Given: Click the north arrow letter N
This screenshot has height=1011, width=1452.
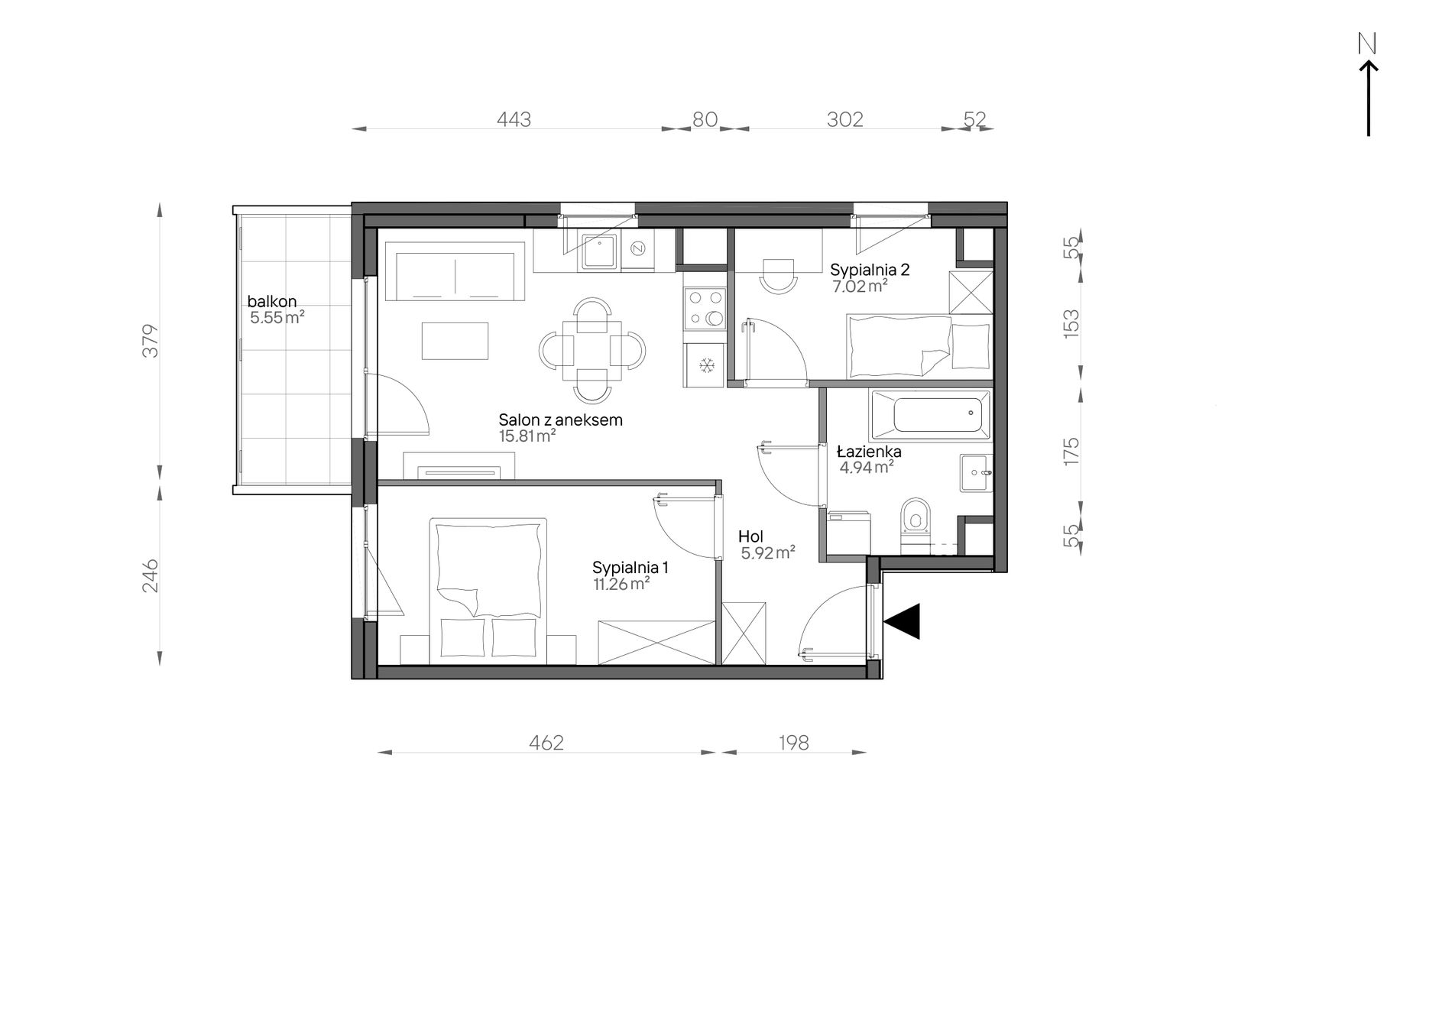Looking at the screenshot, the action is pyautogui.click(x=1367, y=44).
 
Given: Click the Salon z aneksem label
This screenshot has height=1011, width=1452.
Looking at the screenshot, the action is pyautogui.click(x=560, y=420).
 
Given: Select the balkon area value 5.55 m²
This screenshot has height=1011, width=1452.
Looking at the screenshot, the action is pyautogui.click(x=277, y=318).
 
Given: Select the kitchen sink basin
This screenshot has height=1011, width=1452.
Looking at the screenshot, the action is pyautogui.click(x=600, y=252).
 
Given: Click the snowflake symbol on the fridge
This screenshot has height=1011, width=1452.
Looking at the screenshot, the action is pyautogui.click(x=708, y=366).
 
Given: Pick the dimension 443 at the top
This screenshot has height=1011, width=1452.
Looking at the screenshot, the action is pyautogui.click(x=514, y=120).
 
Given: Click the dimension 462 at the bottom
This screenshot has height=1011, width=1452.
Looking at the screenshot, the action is pyautogui.click(x=546, y=743).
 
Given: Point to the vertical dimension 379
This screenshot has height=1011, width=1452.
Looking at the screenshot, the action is pyautogui.click(x=151, y=341).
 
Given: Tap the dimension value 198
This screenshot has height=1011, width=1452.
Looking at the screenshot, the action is pyautogui.click(x=794, y=743).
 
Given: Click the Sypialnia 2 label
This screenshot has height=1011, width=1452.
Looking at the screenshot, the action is pyautogui.click(x=870, y=270).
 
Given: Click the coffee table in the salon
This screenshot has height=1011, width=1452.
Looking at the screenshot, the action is pyautogui.click(x=455, y=341).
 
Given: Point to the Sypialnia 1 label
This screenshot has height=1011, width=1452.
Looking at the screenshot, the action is pyautogui.click(x=630, y=568).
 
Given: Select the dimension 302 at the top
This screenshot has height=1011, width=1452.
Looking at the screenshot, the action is pyautogui.click(x=845, y=120).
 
